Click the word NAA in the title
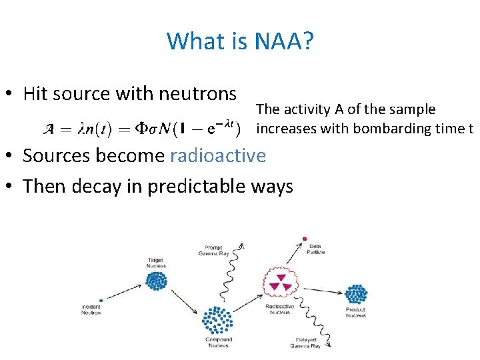(277, 41)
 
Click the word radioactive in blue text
(218, 155)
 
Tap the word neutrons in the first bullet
(199, 94)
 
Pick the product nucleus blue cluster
(356, 294)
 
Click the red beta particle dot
(305, 238)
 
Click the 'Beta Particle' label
(315, 249)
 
